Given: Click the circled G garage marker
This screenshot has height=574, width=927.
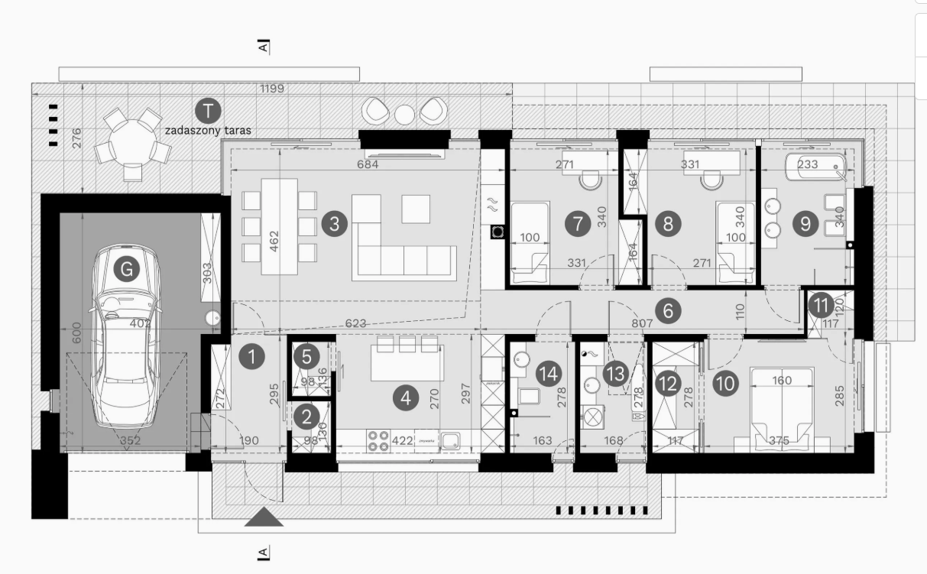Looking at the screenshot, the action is [x=127, y=269].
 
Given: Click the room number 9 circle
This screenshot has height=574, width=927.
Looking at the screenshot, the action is [x=805, y=224].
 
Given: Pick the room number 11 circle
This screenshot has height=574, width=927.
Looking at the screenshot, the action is [x=822, y=305].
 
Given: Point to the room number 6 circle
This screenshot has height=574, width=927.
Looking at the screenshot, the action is [x=668, y=311].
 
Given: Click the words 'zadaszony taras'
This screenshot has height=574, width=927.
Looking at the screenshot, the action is [x=208, y=131].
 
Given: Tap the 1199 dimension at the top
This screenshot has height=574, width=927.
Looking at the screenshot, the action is [x=271, y=89].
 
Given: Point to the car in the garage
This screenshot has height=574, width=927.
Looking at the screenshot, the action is [x=126, y=336].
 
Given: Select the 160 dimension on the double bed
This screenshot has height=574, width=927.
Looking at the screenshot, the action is [x=781, y=381].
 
